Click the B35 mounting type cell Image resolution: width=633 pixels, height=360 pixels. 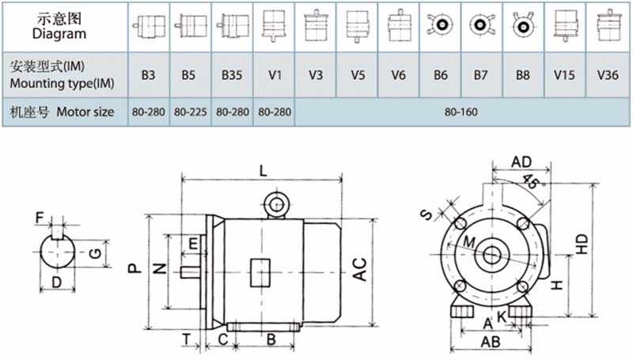[232, 75]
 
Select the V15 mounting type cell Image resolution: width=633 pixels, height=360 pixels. [564, 75]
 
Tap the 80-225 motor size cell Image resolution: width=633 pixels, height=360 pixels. [190, 112]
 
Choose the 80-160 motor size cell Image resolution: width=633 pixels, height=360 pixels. [461, 112]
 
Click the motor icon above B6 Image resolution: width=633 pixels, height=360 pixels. [441, 25]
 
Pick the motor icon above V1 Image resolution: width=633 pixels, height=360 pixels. [274, 25]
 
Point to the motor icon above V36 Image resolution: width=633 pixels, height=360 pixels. [608, 25]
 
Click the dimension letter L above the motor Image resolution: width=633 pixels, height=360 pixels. [263, 171]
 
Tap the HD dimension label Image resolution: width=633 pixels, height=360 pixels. [582, 244]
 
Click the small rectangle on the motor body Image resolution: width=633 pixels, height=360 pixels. [260, 273]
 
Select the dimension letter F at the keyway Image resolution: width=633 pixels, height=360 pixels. [39, 218]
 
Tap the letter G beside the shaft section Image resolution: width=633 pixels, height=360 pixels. [95, 253]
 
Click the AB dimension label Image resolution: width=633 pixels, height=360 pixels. [491, 343]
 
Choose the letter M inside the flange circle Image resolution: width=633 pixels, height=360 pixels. [469, 242]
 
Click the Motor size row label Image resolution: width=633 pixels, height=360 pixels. [63, 112]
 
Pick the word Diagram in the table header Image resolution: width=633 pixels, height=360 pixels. [59, 33]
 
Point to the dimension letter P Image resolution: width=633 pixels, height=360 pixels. [135, 268]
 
